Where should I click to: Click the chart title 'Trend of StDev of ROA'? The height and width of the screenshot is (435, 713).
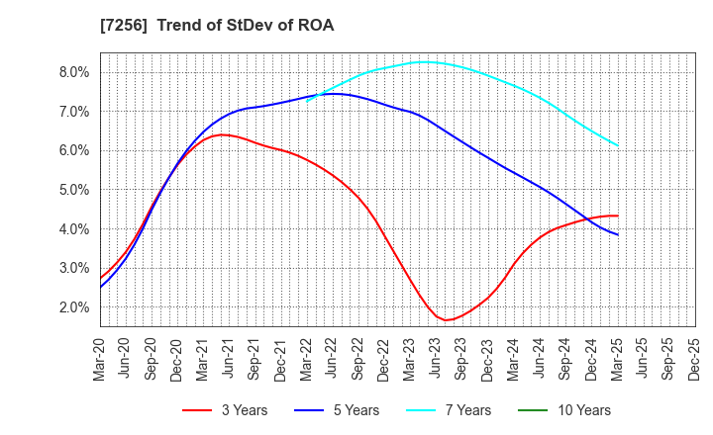(x=245, y=26)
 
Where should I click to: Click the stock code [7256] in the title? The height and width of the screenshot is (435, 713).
(x=126, y=26)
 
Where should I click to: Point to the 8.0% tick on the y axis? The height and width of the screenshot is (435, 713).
(x=74, y=72)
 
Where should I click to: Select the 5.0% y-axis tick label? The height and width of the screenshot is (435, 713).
(x=74, y=190)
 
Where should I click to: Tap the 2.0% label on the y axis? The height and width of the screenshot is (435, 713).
(x=74, y=307)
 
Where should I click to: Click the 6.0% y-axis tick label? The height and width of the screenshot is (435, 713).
(x=74, y=150)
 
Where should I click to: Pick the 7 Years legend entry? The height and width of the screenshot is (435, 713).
(x=445, y=410)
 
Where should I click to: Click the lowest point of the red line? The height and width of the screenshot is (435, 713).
(x=447, y=320)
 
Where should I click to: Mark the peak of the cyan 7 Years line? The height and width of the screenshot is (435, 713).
(x=424, y=61)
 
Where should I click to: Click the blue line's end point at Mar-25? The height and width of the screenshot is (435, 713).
(x=618, y=234)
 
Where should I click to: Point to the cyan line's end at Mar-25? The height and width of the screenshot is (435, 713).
(x=618, y=145)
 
